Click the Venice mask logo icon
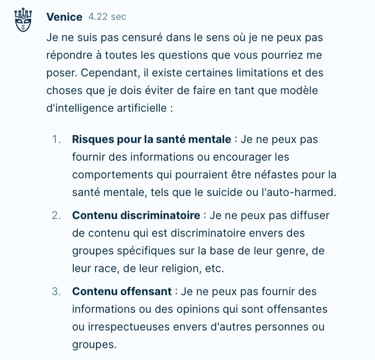(22, 20)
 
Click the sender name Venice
(64, 17)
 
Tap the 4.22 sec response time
(107, 17)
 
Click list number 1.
(56, 139)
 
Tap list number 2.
(56, 215)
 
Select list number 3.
(56, 291)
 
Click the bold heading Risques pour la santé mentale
(151, 139)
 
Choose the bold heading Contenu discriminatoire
(136, 215)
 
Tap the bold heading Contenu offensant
(121, 291)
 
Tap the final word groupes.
(93, 344)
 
